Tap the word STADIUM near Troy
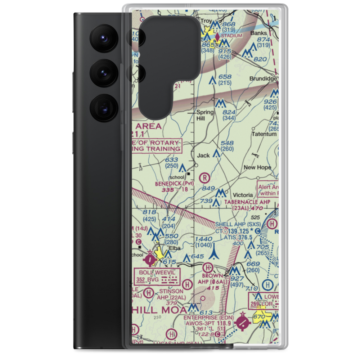tap(232, 36)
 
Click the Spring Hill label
tap(205, 115)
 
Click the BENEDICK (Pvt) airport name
tap(174, 184)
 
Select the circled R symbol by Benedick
tap(204, 177)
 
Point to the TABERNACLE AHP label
tap(247, 202)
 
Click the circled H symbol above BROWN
tap(207, 267)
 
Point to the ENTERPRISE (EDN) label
tap(208, 318)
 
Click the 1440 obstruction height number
tap(203, 239)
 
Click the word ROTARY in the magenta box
tap(163, 143)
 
